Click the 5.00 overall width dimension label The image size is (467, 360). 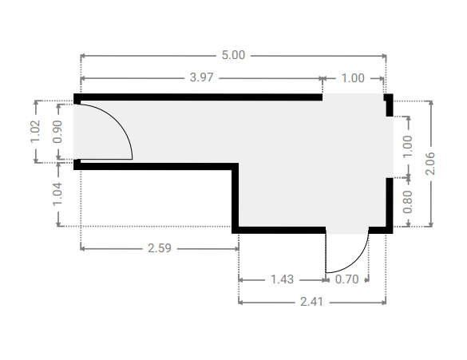pos(233,55)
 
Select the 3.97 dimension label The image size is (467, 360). pos(202,77)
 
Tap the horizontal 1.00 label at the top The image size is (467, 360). pos(353,78)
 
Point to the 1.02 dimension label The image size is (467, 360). pos(35,132)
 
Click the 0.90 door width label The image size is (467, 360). pos(57,132)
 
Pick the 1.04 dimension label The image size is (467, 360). pos(57,194)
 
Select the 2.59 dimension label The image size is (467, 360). pos(160,248)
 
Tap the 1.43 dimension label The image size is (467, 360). pos(282,279)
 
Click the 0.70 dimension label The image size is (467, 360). pos(346,279)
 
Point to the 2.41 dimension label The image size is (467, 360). pos(311,302)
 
